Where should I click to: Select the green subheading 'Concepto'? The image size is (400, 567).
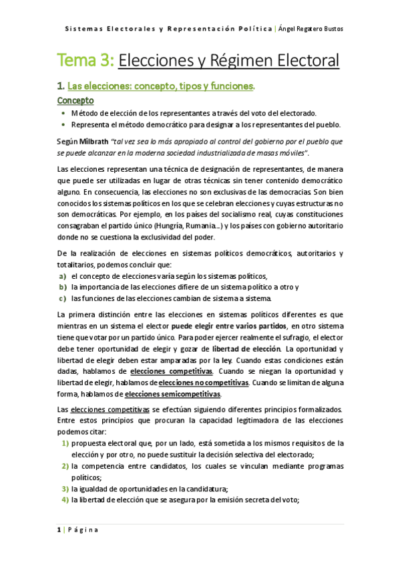[x=75, y=100]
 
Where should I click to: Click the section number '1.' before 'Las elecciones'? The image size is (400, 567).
[x=60, y=86]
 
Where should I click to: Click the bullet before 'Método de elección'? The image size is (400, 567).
[x=62, y=113]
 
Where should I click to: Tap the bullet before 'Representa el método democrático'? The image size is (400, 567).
[x=62, y=124]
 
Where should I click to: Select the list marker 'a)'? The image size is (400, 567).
[x=62, y=275]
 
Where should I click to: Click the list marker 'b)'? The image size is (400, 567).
[x=62, y=286]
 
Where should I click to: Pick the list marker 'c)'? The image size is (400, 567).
[x=62, y=298]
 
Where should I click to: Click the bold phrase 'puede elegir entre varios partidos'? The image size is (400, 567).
[x=229, y=326]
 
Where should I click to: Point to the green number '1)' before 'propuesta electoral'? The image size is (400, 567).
[x=65, y=443]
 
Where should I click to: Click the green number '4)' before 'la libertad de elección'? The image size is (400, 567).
[x=65, y=499]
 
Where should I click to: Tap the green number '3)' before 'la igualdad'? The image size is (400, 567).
[x=65, y=488]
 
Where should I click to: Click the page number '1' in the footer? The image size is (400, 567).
[x=59, y=530]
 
